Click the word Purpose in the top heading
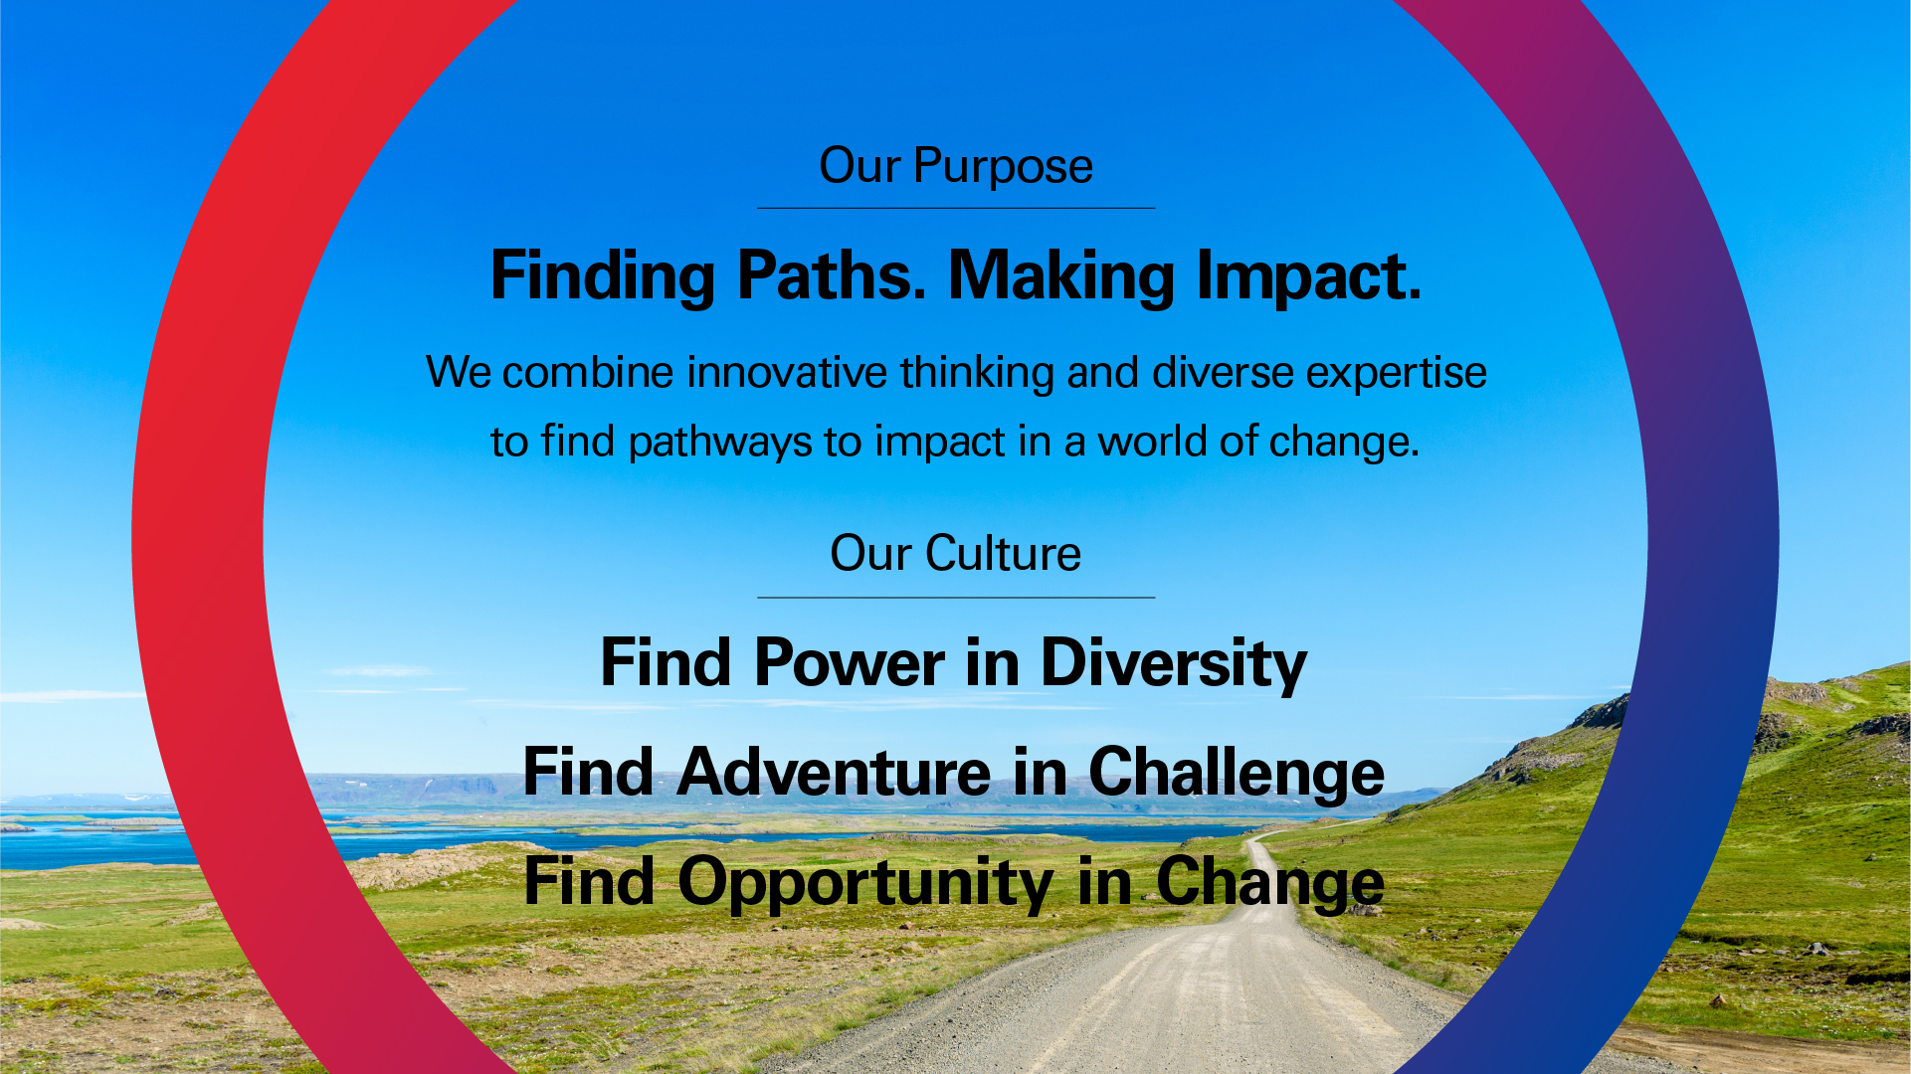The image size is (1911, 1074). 1003,167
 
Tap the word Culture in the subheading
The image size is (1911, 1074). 1003,553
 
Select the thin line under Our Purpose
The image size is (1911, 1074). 956,208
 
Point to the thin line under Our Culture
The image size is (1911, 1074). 956,598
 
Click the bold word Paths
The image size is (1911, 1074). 832,275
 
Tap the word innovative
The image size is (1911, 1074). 787,373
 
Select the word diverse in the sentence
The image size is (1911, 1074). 1223,373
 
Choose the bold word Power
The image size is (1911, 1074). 850,663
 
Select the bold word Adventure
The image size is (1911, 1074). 834,773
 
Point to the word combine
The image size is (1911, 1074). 588,373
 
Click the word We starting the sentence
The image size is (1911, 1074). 459,373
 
